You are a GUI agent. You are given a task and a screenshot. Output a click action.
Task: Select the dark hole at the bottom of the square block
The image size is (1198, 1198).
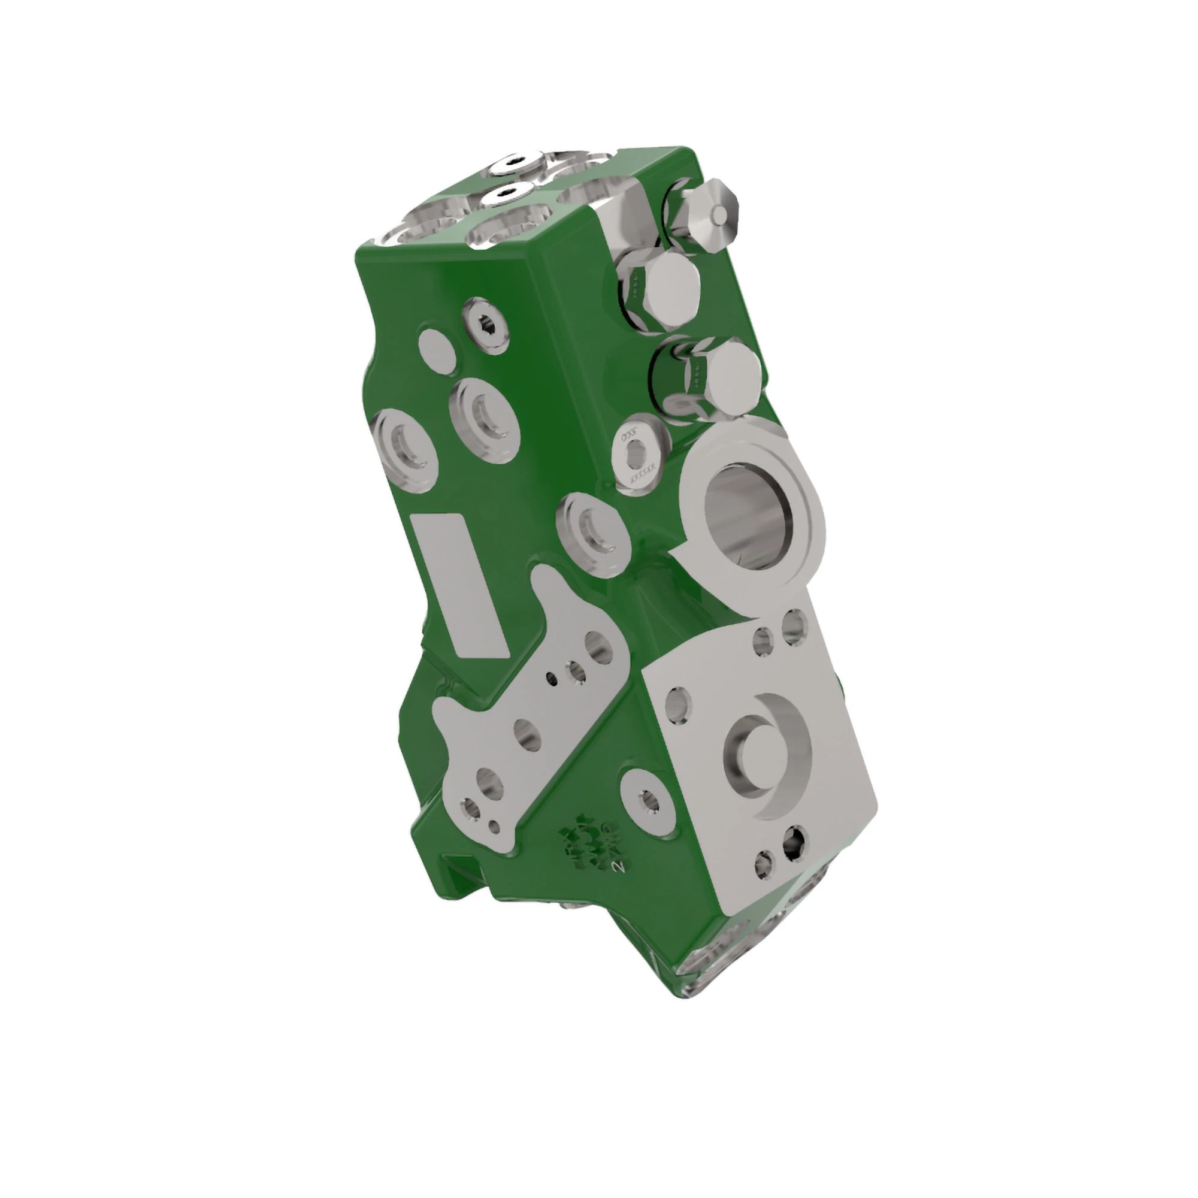pos(794,841)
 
